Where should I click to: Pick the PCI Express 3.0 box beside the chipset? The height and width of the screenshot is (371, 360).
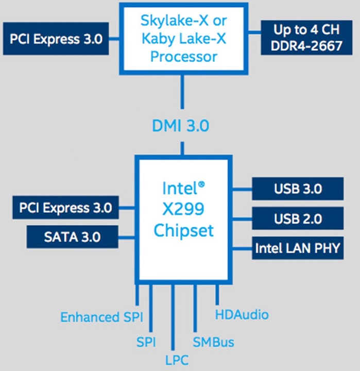point(65,208)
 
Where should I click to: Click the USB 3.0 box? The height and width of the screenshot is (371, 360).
point(298,189)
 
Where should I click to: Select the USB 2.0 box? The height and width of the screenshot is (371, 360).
point(298,218)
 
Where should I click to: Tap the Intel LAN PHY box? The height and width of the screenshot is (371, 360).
point(298,248)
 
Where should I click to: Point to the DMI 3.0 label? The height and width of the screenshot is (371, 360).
point(181,125)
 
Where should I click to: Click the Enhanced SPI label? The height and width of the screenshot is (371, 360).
point(101,316)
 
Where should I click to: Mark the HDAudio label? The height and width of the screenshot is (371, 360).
point(242,314)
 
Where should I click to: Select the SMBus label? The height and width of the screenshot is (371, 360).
point(213,342)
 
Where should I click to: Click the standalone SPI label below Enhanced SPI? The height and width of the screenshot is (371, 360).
point(146,342)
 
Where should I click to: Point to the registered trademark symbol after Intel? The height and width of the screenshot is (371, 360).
point(202,183)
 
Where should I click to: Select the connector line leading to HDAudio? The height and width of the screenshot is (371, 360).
point(217,294)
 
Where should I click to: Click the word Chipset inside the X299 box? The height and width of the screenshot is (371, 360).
point(184,230)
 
